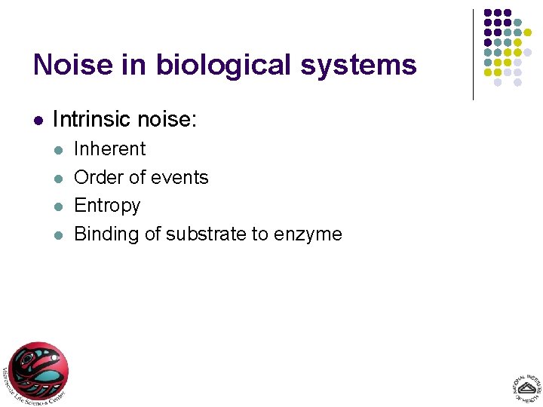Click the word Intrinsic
point(88,119)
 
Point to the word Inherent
point(110,148)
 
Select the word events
point(180,177)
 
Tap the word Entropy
point(107,206)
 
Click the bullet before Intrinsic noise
point(38,120)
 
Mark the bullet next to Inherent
point(59,149)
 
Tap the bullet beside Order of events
point(59,178)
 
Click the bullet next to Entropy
point(59,206)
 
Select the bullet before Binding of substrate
point(59,234)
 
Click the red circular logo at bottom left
point(37,372)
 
